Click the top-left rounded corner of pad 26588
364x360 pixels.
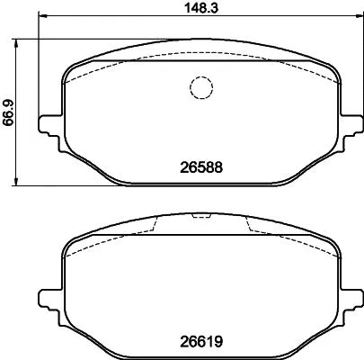point(68,72)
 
